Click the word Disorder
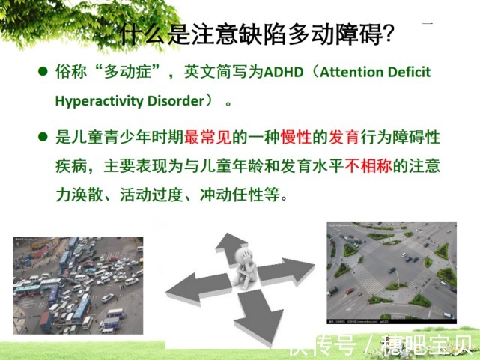point(171,100)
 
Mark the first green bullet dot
point(43,73)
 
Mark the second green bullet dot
point(43,138)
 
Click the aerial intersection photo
point(391,270)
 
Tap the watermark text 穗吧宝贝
point(430,345)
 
